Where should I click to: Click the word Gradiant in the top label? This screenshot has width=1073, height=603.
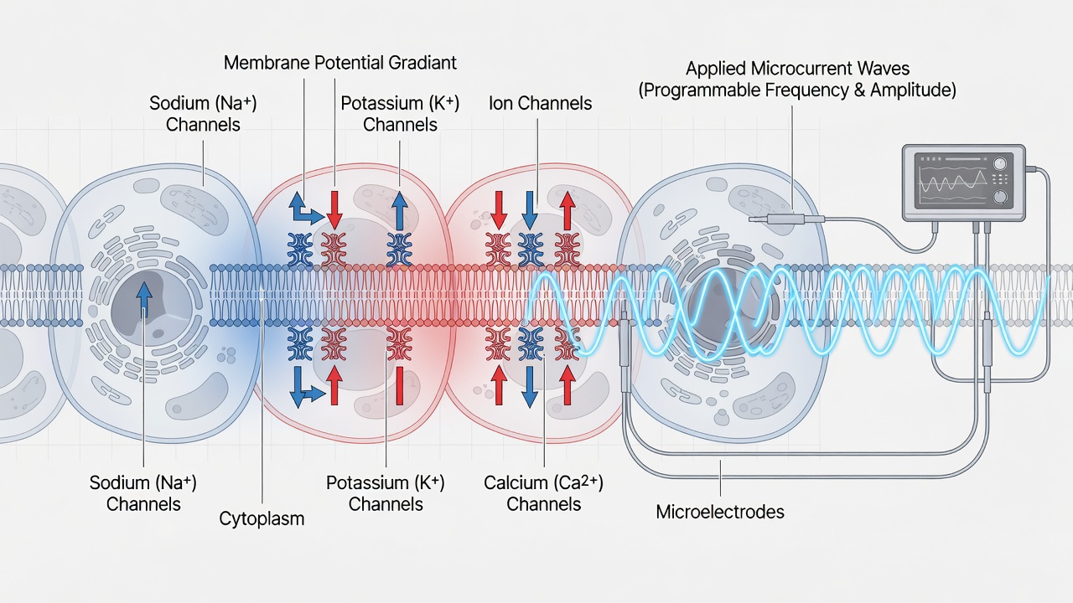click(422, 63)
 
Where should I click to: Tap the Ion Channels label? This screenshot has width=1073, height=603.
click(540, 103)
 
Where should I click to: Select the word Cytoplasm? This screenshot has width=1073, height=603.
click(262, 518)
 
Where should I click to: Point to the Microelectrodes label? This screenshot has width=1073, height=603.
click(720, 512)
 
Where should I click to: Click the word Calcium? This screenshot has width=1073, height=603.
click(514, 483)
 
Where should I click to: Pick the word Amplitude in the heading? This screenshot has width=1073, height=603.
click(913, 90)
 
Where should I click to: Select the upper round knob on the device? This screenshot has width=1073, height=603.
click(1000, 164)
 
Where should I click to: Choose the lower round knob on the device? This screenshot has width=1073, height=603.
click(1000, 197)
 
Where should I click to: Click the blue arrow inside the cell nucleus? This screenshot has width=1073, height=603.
click(143, 301)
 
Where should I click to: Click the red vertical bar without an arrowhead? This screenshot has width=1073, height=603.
click(400, 386)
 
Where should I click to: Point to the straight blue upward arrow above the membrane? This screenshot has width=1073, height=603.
click(400, 210)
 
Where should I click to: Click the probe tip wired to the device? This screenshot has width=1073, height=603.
click(758, 219)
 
